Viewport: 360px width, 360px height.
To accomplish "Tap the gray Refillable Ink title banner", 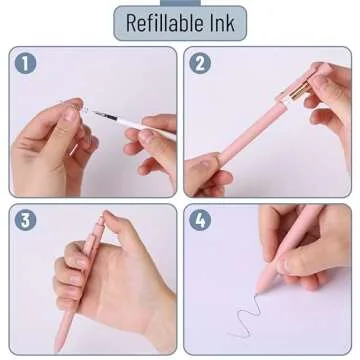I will pyautogui.click(x=180, y=22).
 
